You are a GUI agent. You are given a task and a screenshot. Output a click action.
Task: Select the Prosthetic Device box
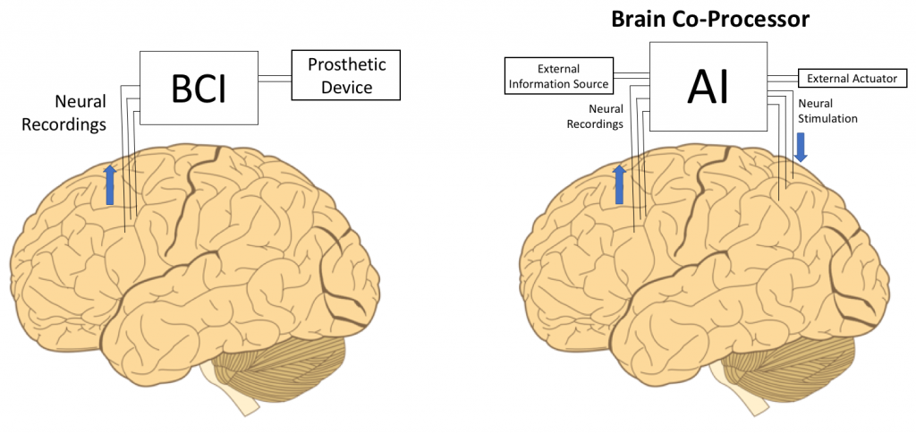coord(345,75)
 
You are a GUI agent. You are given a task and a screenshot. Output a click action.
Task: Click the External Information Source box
coord(559,76)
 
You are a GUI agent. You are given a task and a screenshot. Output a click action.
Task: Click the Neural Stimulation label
coord(827,111)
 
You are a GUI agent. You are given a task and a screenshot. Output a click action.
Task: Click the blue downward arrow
coord(801,147)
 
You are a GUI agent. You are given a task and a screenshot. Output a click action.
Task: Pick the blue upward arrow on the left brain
coord(110,184)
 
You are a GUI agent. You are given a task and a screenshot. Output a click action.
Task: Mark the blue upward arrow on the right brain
coord(619,184)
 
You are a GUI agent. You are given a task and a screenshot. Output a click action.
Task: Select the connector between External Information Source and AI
coord(632,77)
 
